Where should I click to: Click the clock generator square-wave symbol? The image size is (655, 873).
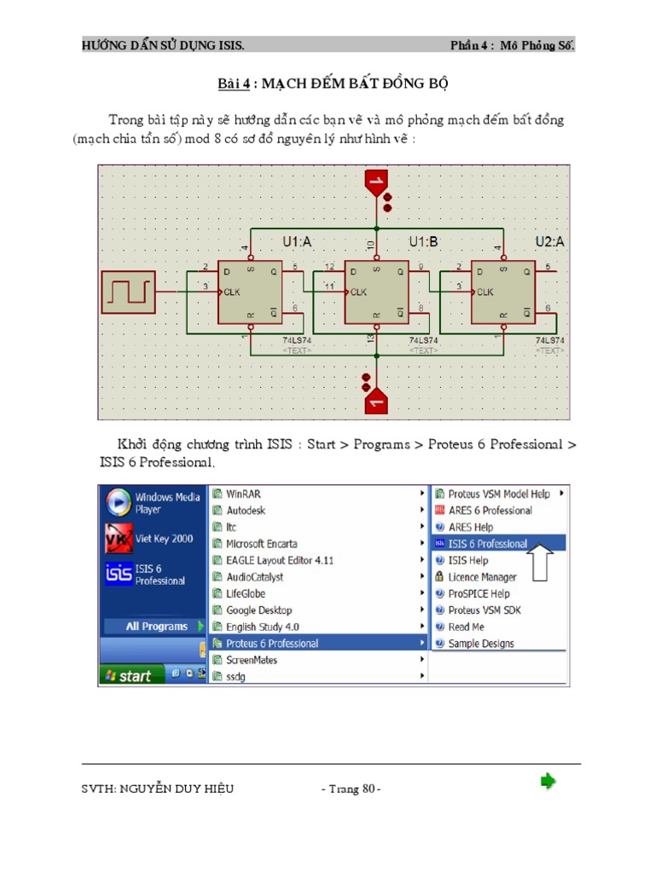tap(128, 292)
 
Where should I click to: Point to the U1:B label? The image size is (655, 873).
tap(423, 242)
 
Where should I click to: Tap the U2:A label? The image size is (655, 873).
tap(549, 242)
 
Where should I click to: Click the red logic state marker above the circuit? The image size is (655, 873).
tap(375, 182)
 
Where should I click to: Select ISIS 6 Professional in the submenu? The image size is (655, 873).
tap(488, 544)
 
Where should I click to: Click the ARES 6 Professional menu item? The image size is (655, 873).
tap(490, 511)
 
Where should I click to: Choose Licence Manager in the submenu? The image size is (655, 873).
tap(482, 577)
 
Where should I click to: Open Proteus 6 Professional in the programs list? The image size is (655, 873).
tap(272, 644)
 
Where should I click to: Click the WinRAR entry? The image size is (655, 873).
tap(244, 494)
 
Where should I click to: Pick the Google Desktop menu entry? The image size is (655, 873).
tap(258, 610)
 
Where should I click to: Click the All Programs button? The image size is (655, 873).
tap(156, 627)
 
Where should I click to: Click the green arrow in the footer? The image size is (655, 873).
tap(548, 781)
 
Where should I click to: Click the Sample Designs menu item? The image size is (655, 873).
tap(481, 644)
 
